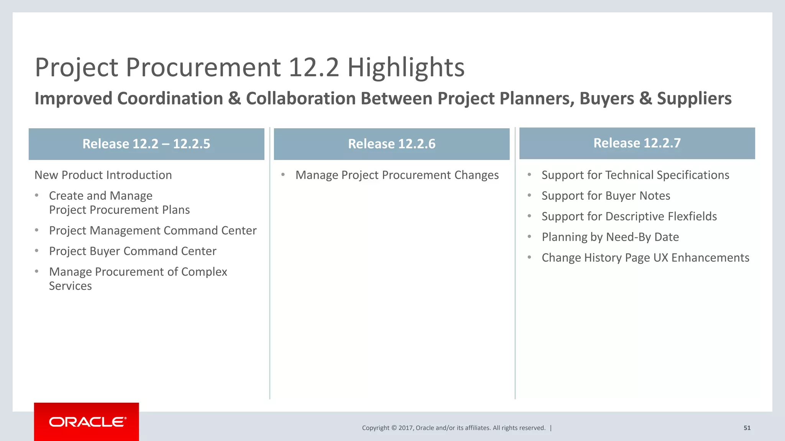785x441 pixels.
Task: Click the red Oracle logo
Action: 87,421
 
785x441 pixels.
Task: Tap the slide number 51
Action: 747,428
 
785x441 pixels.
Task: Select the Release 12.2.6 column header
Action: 391,144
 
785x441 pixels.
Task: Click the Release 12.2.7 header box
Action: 637,143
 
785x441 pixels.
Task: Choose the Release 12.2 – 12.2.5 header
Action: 146,144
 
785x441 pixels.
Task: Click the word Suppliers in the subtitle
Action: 694,98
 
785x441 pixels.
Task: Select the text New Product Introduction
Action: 103,175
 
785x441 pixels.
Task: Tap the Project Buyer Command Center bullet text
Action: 133,251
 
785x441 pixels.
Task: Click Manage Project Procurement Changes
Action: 397,175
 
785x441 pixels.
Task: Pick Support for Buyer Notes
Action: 606,196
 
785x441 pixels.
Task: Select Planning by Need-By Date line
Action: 610,237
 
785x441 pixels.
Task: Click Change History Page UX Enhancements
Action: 645,258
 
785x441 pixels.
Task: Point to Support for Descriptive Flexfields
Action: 629,216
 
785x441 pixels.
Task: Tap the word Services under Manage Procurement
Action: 70,286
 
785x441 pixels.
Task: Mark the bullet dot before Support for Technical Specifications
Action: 529,175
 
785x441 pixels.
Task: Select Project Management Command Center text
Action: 153,230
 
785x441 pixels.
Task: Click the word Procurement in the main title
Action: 203,67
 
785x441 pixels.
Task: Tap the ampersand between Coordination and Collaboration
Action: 234,99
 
